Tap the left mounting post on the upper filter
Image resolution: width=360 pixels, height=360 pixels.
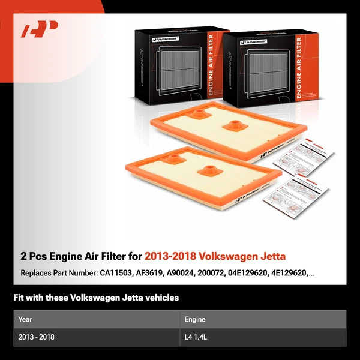pos(197,112)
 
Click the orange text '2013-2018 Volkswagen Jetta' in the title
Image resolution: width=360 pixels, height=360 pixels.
pos(215,257)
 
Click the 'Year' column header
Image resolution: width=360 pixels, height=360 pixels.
pos(25,319)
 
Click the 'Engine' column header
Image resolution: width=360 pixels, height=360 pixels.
pos(196,319)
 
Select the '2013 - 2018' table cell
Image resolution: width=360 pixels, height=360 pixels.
pos(37,337)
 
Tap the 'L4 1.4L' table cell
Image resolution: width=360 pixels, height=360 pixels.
pos(199,337)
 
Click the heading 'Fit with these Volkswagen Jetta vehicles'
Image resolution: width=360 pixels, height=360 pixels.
pos(96,298)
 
